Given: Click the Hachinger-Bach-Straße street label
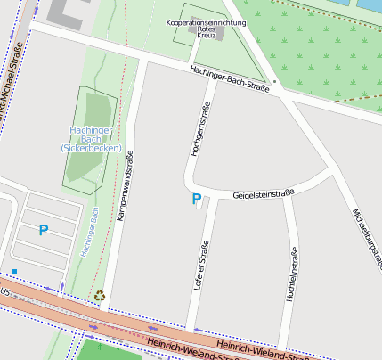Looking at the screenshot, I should coord(231,78).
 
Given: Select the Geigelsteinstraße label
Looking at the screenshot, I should coord(263,193).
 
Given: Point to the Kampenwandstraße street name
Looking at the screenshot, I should coord(124,185).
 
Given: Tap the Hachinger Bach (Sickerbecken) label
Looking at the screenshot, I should coord(91,139).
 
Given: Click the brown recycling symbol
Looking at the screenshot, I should coord(100,296).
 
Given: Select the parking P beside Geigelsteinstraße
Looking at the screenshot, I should coord(196,200).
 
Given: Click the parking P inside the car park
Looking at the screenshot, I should coord(43,230).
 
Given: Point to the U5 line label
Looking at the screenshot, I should coord(5,290).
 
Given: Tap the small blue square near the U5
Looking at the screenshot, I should coord(14,271).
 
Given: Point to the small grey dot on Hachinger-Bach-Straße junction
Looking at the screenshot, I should coord(275,81).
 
